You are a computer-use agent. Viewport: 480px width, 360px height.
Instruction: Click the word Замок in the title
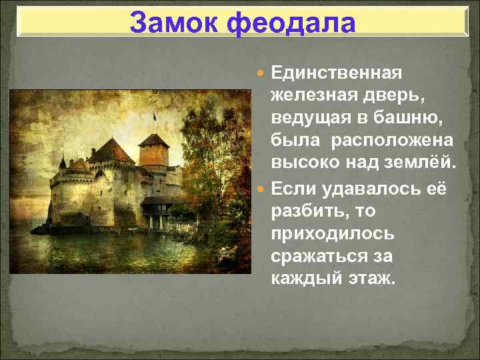tap(174, 23)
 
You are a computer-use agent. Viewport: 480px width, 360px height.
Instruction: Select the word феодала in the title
tap(291, 23)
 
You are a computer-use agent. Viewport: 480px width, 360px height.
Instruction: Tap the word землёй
tap(423, 164)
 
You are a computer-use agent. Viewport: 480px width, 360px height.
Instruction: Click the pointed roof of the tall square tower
tap(153, 139)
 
